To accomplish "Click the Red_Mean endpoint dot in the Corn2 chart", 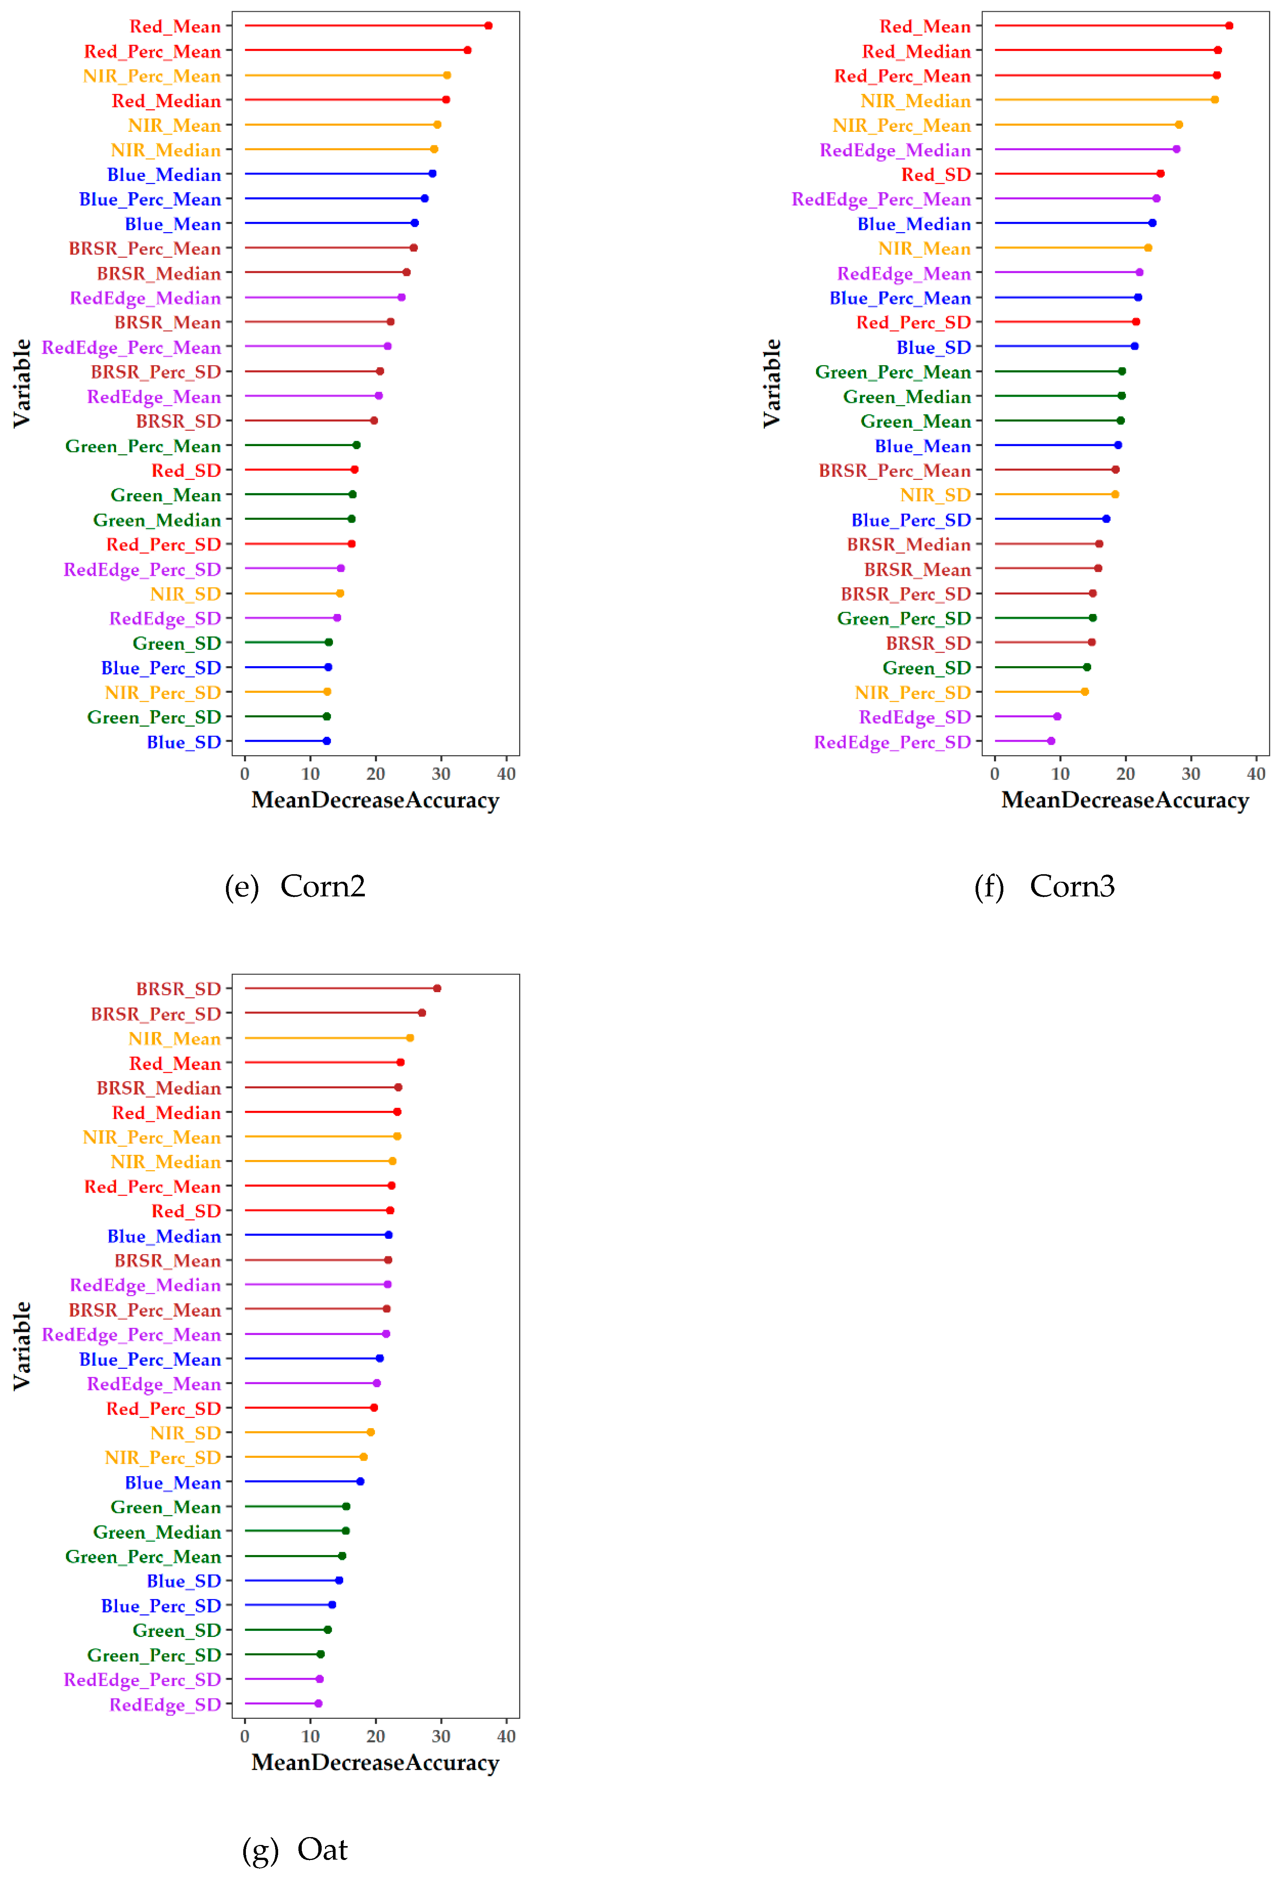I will pos(488,26).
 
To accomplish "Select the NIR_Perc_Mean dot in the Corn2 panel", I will pos(447,75).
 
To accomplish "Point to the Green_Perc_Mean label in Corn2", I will pos(143,446).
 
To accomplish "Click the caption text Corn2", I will pos(322,887).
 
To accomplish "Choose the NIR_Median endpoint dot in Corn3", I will pos(1215,100).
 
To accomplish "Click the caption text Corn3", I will pos(1072,887).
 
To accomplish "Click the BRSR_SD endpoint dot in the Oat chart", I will pos(437,988).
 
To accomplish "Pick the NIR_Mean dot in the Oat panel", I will pos(410,1038).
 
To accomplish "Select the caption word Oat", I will pos(322,1849).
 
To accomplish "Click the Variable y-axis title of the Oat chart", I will pos(22,1346).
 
